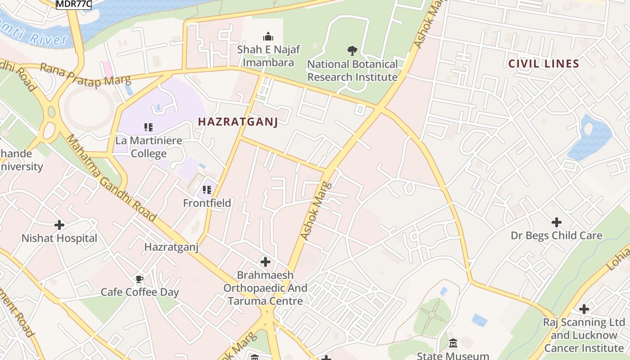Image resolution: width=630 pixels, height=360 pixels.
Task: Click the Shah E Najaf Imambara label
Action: (x=268, y=55)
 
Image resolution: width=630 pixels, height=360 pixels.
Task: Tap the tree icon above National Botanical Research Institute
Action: (x=352, y=50)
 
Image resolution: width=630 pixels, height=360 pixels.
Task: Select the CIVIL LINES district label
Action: (x=543, y=64)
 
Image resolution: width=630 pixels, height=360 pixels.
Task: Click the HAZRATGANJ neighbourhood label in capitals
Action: (x=238, y=121)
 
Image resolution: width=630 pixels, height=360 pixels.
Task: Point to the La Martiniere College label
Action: (x=148, y=147)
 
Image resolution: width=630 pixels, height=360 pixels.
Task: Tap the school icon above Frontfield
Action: (x=207, y=190)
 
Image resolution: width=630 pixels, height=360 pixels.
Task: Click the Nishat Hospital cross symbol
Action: (x=59, y=225)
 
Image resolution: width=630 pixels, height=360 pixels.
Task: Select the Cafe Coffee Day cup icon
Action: (x=139, y=279)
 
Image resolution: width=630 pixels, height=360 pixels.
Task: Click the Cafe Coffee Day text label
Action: (x=139, y=292)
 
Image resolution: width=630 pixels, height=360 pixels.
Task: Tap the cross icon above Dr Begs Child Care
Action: (x=557, y=222)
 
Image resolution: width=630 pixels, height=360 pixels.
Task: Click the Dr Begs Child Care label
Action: (x=556, y=235)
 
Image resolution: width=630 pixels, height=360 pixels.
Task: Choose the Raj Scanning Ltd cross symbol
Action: (x=584, y=309)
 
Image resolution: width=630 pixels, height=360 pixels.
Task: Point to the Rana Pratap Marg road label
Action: (x=85, y=74)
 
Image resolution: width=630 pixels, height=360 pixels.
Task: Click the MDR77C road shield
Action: (x=74, y=4)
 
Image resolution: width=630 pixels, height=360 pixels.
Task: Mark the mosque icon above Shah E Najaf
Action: (x=268, y=36)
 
